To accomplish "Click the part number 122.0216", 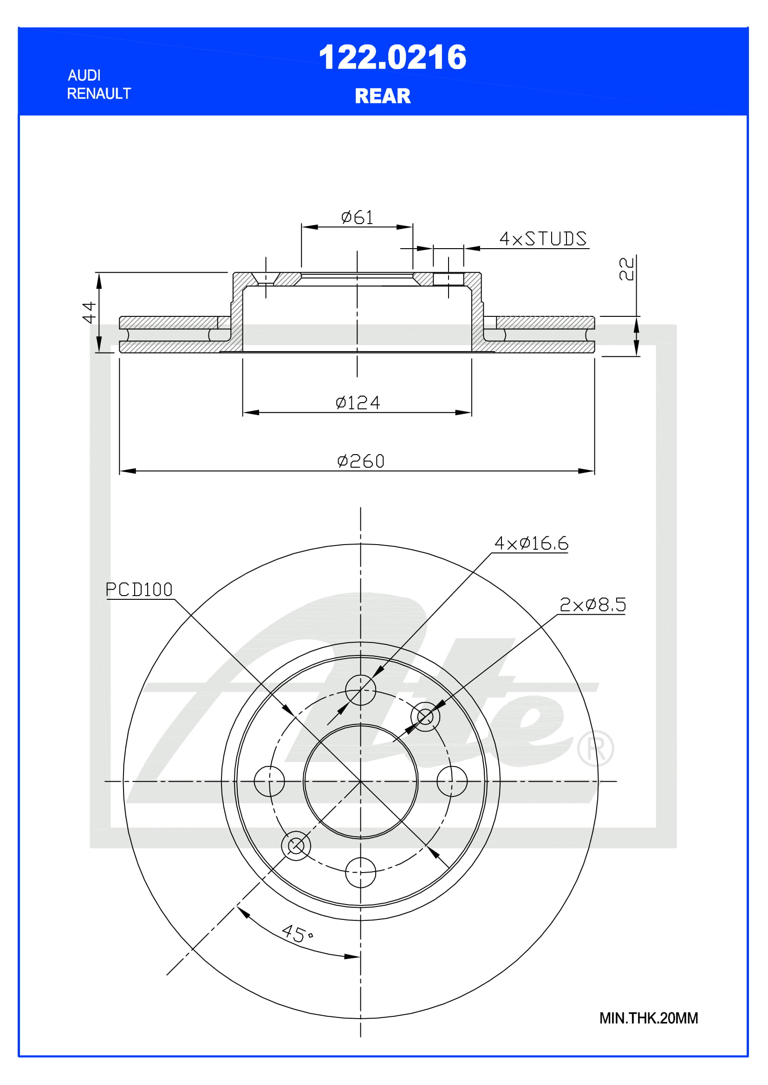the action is pyautogui.click(x=392, y=58).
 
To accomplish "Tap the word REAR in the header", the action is pyautogui.click(x=383, y=96).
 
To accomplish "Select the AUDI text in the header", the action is pyautogui.click(x=84, y=75).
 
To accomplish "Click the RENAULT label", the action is pyautogui.click(x=99, y=94).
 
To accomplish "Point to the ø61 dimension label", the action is pyautogui.click(x=357, y=218).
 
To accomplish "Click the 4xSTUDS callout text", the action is pyautogui.click(x=543, y=238).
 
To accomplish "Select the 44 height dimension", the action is pyautogui.click(x=89, y=312).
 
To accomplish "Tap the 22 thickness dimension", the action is pyautogui.click(x=626, y=269).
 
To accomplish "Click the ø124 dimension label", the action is pyautogui.click(x=358, y=403).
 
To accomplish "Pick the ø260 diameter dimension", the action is pyautogui.click(x=361, y=461).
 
